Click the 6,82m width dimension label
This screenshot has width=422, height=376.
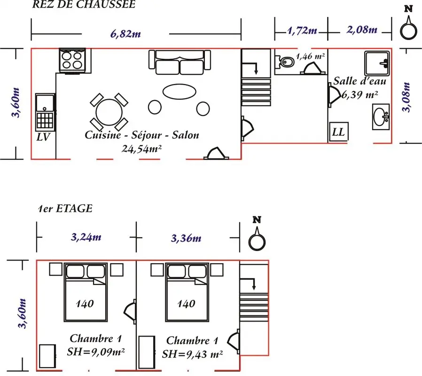(x=125, y=34)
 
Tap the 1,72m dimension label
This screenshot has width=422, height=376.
(x=302, y=31)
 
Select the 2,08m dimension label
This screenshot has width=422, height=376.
(x=362, y=29)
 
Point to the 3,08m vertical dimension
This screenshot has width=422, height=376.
(x=406, y=97)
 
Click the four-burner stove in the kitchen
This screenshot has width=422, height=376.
(x=72, y=60)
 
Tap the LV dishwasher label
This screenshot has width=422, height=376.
(x=43, y=137)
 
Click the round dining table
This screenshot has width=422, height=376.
(x=109, y=112)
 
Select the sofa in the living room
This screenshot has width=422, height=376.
(x=180, y=63)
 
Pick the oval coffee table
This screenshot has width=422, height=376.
(x=179, y=92)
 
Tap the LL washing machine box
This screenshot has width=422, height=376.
(x=339, y=132)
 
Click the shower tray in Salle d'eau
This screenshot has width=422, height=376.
(x=377, y=63)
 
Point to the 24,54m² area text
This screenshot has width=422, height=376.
(x=141, y=149)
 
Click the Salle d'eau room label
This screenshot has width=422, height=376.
(x=359, y=81)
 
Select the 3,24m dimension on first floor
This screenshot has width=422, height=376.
(x=86, y=237)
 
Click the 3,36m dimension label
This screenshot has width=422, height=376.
(x=186, y=238)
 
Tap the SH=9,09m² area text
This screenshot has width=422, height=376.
(x=96, y=352)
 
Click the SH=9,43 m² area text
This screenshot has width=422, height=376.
(x=192, y=354)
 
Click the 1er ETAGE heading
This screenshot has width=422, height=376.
(x=65, y=209)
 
